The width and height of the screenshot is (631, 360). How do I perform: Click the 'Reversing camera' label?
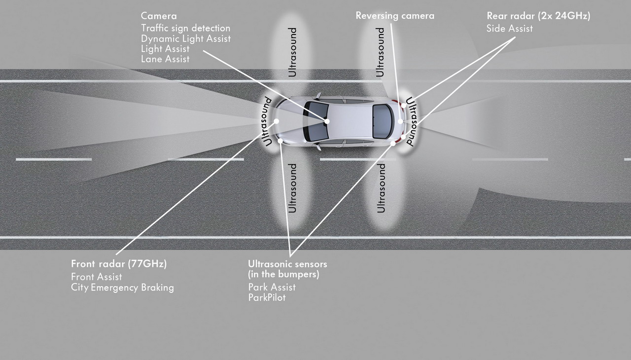click(x=395, y=16)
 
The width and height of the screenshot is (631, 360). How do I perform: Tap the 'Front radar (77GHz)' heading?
click(x=119, y=264)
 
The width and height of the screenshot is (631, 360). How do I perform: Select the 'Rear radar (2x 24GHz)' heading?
click(x=538, y=16)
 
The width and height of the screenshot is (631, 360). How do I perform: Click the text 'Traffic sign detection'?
click(x=186, y=28)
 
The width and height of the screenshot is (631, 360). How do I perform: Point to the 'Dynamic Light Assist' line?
click(x=186, y=38)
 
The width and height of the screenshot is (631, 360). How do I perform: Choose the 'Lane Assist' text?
click(x=165, y=59)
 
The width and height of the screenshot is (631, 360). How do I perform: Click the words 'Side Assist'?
click(x=510, y=29)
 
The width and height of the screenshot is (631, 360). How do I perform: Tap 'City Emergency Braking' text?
click(x=123, y=288)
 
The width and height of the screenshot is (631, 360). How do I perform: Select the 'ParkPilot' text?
click(x=267, y=297)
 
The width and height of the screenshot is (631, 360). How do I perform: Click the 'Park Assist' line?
click(x=272, y=287)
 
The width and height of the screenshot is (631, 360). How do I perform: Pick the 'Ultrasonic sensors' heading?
click(x=287, y=264)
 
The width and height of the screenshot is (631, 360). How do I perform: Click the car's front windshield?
click(x=315, y=121)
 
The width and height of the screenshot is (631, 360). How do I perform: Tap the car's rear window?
click(x=383, y=121)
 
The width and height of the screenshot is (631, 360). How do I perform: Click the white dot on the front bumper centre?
click(x=277, y=121)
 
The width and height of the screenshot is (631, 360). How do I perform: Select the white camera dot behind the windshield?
click(x=327, y=121)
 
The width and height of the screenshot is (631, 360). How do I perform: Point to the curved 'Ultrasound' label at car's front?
click(x=266, y=122)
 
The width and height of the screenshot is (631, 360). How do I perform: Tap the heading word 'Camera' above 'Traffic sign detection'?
click(x=159, y=16)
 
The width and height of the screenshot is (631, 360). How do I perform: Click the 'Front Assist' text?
click(x=96, y=277)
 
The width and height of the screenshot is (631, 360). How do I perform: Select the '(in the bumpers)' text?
click(x=283, y=274)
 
